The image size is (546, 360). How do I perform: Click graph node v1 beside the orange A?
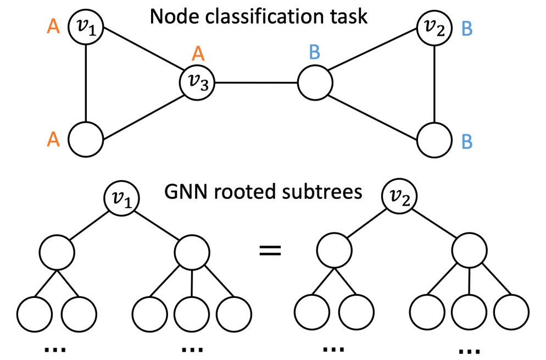click(x=86, y=26)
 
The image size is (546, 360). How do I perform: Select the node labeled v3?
click(x=197, y=84)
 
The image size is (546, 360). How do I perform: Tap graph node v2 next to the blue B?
click(x=434, y=26)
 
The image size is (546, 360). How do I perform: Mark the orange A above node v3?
click(x=198, y=53)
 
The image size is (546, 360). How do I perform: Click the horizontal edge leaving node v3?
click(x=255, y=84)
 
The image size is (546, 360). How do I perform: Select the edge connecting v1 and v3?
click(x=142, y=55)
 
